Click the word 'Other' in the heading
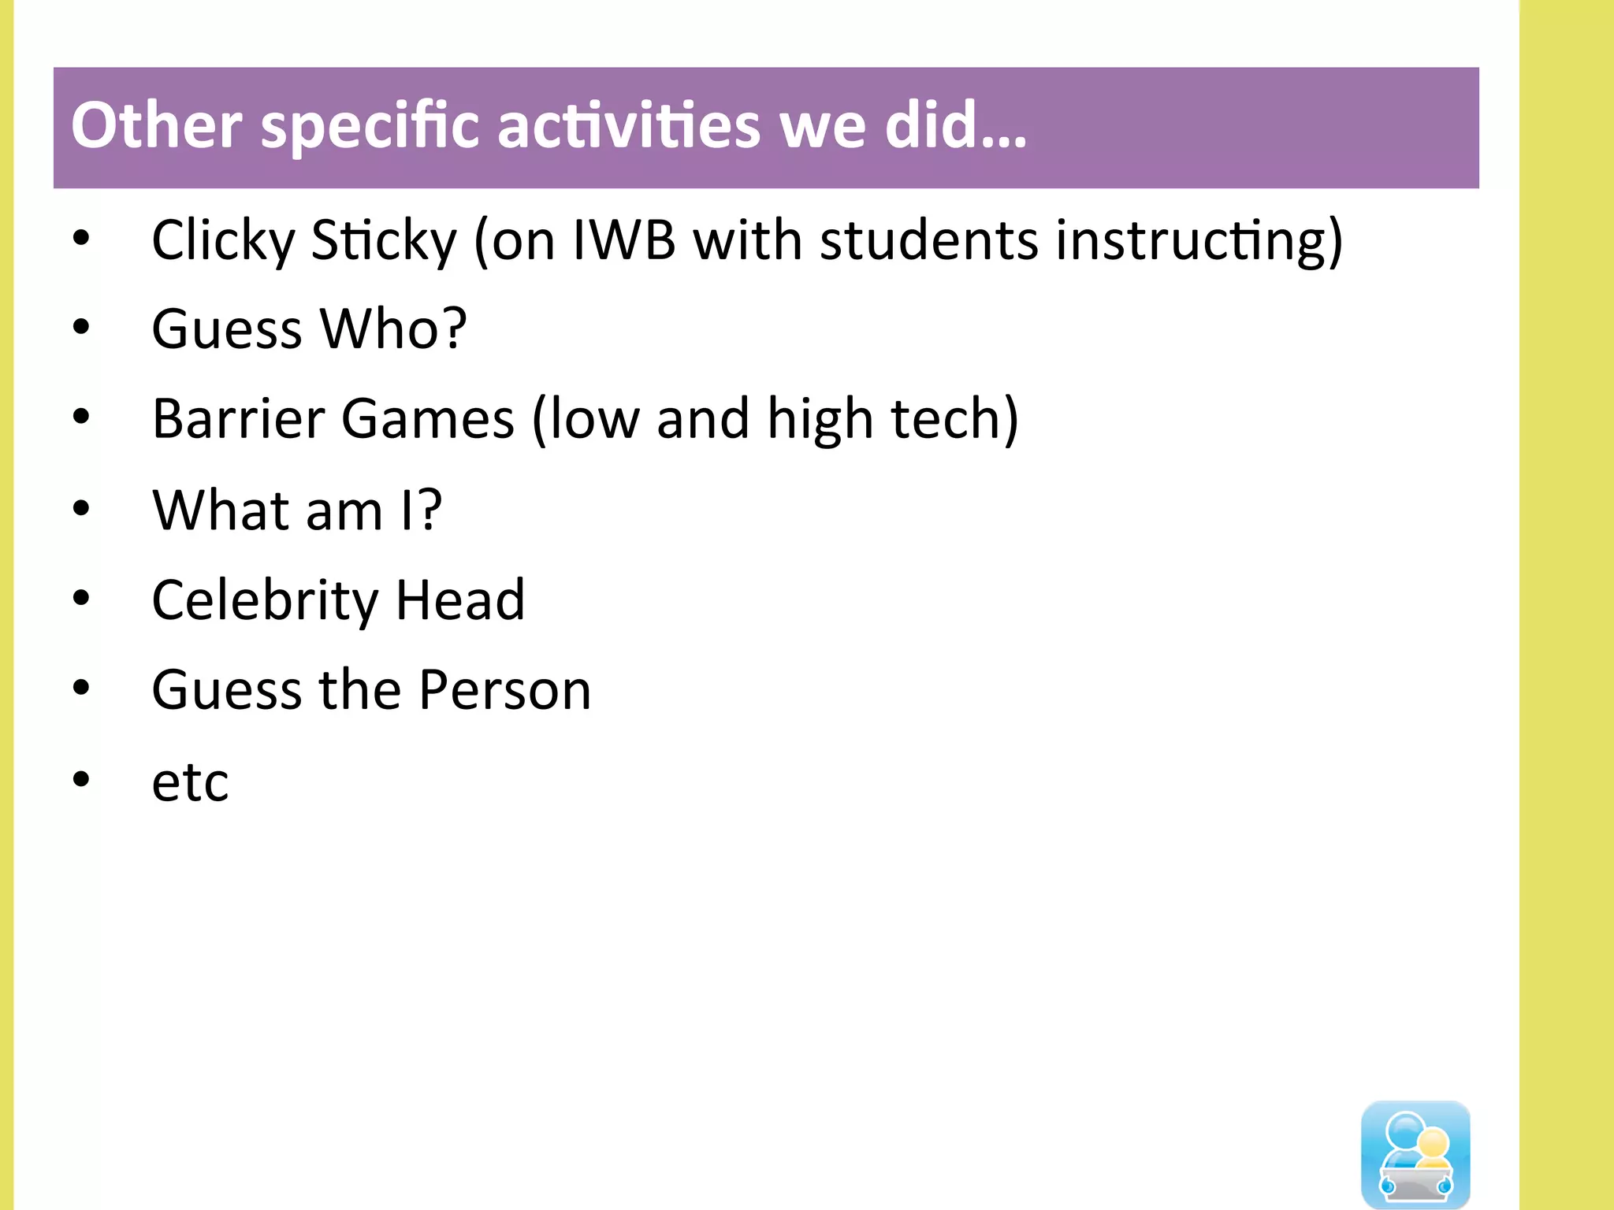coord(156,126)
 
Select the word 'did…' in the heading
coord(955,126)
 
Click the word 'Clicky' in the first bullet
coord(223,241)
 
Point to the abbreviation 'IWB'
coord(624,239)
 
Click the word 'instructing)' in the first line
coord(1199,241)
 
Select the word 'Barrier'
coord(237,418)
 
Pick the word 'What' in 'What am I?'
coord(221,510)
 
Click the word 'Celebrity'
coord(265,601)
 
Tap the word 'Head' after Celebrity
coord(459,599)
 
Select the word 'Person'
coord(504,690)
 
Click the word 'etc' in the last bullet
coord(190,782)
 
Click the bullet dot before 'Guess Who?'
coord(81,326)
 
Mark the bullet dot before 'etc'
coord(81,779)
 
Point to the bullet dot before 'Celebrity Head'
coord(81,598)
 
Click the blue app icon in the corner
coord(1415,1153)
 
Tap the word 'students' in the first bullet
coord(928,239)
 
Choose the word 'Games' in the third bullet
coord(427,418)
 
